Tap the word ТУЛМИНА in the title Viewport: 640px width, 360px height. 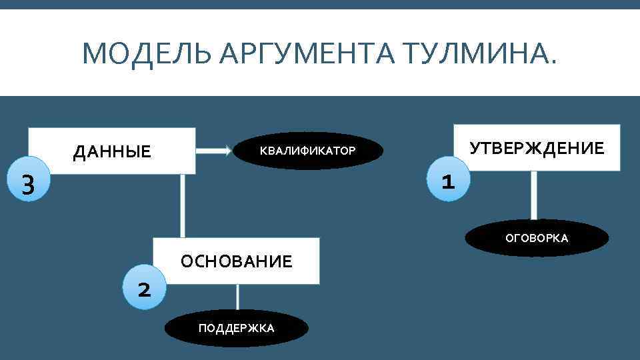(467, 53)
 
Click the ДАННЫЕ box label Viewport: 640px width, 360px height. (112, 152)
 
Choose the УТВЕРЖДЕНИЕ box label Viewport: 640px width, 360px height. (537, 148)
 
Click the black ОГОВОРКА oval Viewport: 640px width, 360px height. (537, 238)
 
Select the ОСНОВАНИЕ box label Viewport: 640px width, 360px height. (237, 261)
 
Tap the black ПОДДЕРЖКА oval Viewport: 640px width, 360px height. (236, 328)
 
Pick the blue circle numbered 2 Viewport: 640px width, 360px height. (143, 289)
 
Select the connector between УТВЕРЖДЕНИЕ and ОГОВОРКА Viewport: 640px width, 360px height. (533, 195)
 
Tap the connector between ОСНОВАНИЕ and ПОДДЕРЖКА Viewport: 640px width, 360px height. (237, 297)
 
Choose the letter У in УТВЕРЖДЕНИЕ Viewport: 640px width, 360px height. (475, 148)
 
